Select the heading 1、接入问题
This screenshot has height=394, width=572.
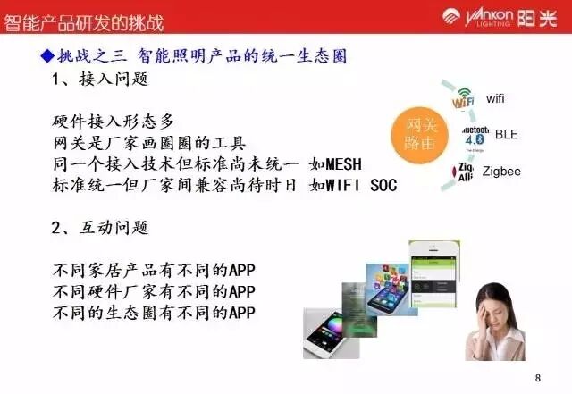[x=99, y=80]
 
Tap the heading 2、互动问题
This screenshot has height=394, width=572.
[x=99, y=230]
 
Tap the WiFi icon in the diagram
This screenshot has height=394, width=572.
[x=463, y=97]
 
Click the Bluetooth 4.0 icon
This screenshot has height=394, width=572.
[x=475, y=136]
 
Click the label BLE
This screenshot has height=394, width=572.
[x=506, y=135]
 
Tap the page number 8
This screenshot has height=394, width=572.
[x=537, y=378]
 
